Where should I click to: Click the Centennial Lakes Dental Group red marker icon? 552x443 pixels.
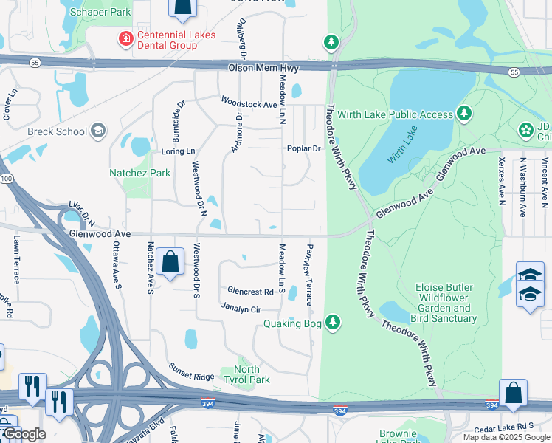(127, 38)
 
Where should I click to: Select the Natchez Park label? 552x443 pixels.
(139, 173)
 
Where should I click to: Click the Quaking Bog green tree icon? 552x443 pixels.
(334, 321)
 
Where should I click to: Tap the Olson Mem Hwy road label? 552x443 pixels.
(257, 67)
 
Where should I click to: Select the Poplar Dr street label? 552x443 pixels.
(304, 148)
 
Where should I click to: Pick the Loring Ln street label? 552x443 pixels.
(178, 151)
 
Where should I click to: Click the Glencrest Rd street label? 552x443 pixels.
(250, 292)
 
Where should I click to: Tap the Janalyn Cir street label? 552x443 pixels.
(241, 309)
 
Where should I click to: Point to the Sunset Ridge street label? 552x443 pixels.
(190, 371)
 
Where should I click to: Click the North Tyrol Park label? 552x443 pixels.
(252, 374)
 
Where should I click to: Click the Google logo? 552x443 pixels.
(24, 434)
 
